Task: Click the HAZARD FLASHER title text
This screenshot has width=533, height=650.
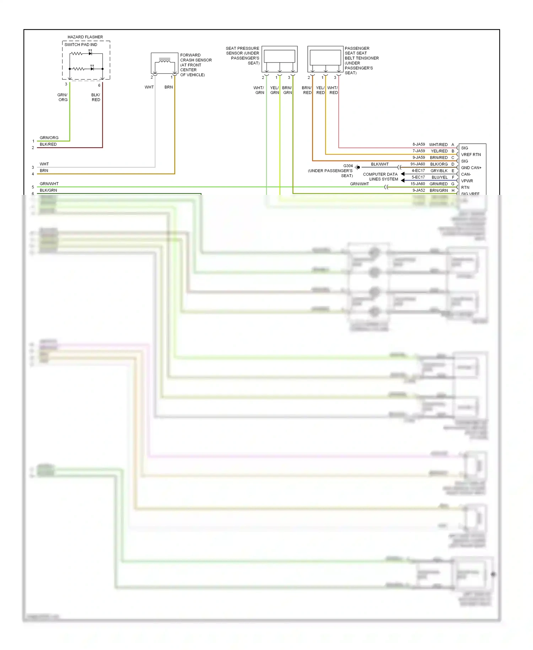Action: [85, 37]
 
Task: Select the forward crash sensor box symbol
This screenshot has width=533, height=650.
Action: [165, 63]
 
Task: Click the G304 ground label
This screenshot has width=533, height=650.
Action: [348, 166]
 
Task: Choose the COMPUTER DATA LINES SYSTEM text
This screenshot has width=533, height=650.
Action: [380, 177]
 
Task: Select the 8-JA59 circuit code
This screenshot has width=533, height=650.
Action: [419, 144]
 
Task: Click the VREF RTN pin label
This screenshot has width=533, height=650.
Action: [471, 155]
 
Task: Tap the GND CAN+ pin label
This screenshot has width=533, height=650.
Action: [471, 168]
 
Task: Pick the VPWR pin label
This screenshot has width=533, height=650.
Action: [467, 181]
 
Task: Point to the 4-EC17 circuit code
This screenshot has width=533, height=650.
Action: [418, 171]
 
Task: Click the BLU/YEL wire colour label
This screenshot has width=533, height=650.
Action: [440, 177]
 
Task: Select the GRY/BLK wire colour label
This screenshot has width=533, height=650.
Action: [439, 171]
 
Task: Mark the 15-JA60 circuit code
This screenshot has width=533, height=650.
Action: [418, 184]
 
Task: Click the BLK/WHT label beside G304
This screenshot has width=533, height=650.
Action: [380, 164]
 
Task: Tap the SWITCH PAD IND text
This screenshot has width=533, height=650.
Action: [81, 45]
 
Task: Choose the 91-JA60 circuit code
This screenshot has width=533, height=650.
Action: [418, 164]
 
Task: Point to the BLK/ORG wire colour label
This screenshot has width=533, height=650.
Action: [439, 164]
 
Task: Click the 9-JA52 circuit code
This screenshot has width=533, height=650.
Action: [419, 191]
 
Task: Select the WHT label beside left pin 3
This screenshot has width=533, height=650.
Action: [44, 164]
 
